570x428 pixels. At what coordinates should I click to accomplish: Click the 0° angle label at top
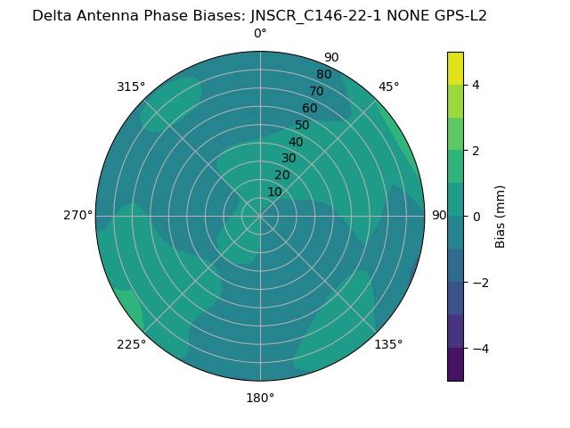coord(260,34)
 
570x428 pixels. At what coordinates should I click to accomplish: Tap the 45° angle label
coord(388,86)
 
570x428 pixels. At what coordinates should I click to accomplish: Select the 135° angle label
coord(388,344)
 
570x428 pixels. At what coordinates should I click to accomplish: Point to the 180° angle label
coord(260,398)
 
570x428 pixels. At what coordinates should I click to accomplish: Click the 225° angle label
coord(131,344)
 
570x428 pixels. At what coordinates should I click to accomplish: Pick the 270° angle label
coord(77,215)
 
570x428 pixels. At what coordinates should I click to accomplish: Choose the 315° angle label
coord(131,86)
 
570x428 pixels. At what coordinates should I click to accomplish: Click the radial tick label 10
coord(274,192)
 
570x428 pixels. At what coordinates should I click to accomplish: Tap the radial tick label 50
coord(302,125)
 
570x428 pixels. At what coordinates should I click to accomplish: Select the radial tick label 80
coord(323,74)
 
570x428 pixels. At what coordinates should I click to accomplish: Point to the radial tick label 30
coord(289,158)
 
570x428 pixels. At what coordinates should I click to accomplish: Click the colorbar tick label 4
coord(476,85)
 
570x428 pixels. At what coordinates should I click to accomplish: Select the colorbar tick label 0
coord(476,216)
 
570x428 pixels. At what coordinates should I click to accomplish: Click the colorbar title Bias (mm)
coord(501,216)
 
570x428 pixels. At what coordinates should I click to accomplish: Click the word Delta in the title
coord(51,15)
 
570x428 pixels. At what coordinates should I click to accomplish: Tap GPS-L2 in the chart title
coord(457,15)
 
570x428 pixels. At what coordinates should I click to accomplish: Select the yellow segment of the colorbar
coord(455,68)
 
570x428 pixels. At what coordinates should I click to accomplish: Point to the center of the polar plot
coord(260,216)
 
